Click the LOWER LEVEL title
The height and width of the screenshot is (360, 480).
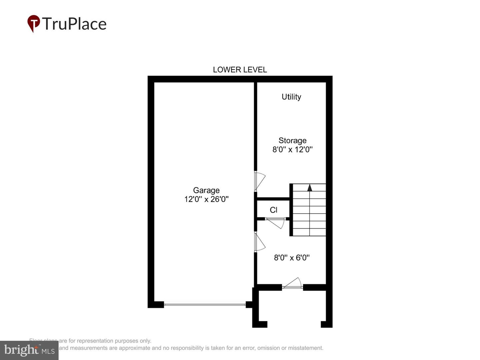click(x=240, y=70)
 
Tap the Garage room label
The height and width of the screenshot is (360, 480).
click(x=206, y=190)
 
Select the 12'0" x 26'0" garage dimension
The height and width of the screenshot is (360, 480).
click(x=206, y=199)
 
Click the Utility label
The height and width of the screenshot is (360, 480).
click(x=291, y=97)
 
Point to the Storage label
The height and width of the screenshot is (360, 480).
click(x=292, y=141)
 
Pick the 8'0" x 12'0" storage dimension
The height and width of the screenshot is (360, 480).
click(x=292, y=150)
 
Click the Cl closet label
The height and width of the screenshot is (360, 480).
click(x=273, y=210)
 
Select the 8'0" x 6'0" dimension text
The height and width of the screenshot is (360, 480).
click(x=292, y=258)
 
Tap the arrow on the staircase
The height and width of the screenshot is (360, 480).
click(x=310, y=188)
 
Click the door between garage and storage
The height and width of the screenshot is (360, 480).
click(x=259, y=181)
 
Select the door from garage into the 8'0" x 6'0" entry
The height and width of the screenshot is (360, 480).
click(x=259, y=242)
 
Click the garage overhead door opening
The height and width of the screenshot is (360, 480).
click(x=205, y=304)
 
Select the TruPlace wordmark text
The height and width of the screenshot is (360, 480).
click(x=74, y=24)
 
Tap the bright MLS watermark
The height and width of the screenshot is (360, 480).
click(x=29, y=350)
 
